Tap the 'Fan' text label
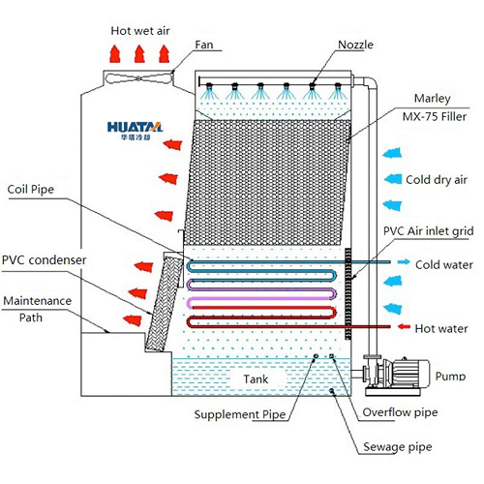203,45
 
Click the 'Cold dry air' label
438,178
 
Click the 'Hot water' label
441,328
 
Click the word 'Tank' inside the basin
257,379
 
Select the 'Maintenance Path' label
36,309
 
